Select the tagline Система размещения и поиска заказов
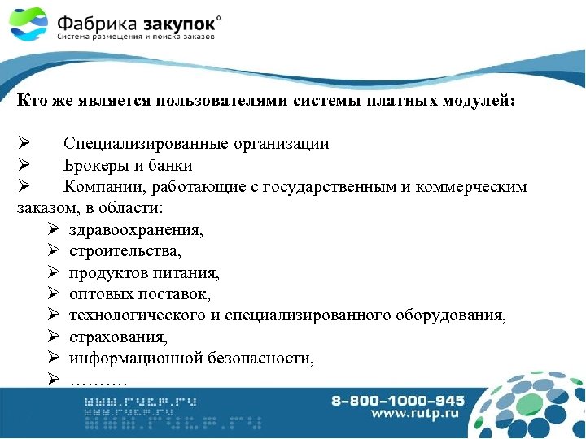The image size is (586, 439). tap(136, 37)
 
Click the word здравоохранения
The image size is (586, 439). tap(136, 230)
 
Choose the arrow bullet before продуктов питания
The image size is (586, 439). tap(54, 272)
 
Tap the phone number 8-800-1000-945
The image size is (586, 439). tap(398, 400)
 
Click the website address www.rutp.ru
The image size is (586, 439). tap(413, 414)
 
